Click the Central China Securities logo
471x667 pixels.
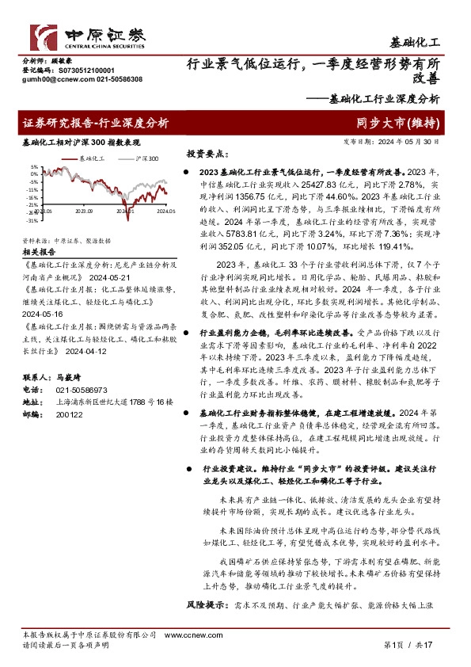87,34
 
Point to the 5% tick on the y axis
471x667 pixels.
34,168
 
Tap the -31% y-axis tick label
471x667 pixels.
32,220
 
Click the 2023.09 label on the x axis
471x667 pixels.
85,212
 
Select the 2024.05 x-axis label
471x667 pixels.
165,212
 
